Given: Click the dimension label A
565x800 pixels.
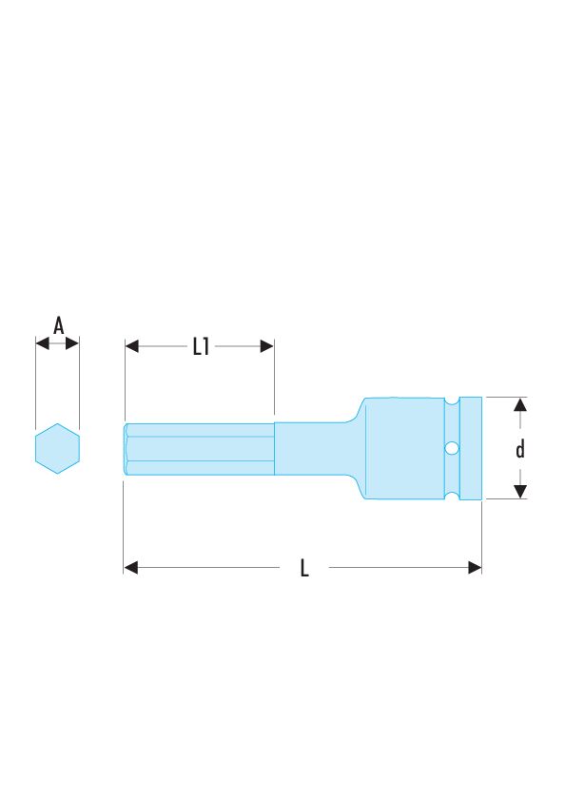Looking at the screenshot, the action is pyautogui.click(x=59, y=325).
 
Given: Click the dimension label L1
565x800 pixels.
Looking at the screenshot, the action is pyautogui.click(x=201, y=346).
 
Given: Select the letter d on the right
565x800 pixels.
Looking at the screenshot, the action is pyautogui.click(x=520, y=450).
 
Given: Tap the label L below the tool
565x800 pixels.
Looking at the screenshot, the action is pyautogui.click(x=304, y=568).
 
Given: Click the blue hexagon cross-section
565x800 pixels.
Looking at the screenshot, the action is pyautogui.click(x=58, y=448).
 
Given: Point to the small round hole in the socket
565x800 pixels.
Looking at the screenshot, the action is pyautogui.click(x=452, y=448).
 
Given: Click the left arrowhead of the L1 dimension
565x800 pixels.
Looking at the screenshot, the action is pyautogui.click(x=131, y=346).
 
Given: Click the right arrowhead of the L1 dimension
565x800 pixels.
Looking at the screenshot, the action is pyautogui.click(x=267, y=346).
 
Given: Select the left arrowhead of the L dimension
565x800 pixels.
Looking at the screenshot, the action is pyautogui.click(x=130, y=567).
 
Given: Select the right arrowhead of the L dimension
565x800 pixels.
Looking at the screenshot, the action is pyautogui.click(x=475, y=567).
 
